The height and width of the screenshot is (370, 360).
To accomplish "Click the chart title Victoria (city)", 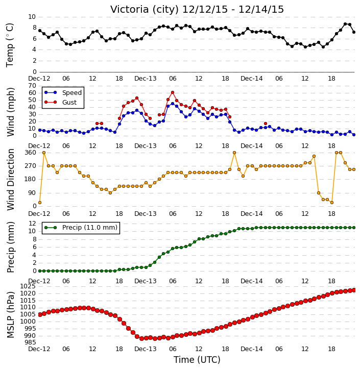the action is click(145, 10).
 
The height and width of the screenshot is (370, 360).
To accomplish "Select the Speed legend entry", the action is click(63, 92).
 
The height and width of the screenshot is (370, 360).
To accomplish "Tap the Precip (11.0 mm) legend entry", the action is click(81, 228).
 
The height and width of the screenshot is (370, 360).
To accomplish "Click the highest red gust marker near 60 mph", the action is click(173, 92).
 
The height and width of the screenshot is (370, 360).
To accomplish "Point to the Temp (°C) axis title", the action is click(10, 45).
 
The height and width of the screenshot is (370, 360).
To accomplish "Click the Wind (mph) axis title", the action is click(10, 112).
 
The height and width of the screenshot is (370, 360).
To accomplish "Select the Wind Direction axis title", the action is click(10, 179).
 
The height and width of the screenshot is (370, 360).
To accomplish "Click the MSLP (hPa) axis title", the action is click(10, 314).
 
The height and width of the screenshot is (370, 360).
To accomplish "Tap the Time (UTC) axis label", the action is click(197, 360).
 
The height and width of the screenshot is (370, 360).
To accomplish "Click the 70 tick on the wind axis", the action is click(32, 86).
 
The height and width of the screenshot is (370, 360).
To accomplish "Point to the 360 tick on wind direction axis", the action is click(31, 153).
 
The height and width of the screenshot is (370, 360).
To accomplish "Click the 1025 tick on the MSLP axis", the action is click(28, 286).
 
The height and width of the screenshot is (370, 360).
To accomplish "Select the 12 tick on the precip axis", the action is click(32, 223).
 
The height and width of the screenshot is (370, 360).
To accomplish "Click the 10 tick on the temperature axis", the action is click(32, 17).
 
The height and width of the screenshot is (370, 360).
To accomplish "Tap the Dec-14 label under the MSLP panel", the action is click(252, 349).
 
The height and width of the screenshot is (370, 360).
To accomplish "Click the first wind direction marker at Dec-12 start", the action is click(40, 203).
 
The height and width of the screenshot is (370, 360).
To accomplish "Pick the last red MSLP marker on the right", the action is click(354, 290).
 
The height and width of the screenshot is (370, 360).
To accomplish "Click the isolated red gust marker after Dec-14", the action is click(266, 124).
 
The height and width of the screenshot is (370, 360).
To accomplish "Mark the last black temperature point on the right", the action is click(354, 32).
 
